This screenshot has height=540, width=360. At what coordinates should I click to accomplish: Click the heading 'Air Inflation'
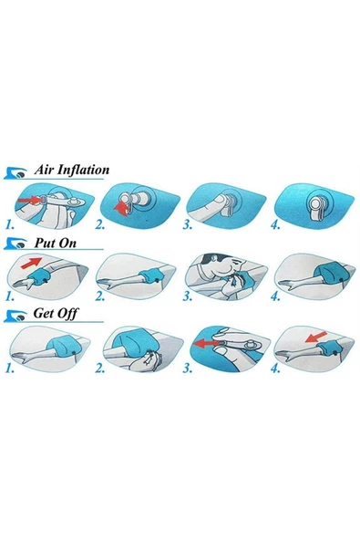72,170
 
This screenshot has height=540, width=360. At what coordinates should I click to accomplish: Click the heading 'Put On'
55,243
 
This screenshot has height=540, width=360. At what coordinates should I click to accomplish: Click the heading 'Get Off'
56,314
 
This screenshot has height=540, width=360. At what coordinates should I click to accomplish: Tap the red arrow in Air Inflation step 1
29,200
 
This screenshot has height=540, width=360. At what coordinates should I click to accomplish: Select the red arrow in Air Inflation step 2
121,209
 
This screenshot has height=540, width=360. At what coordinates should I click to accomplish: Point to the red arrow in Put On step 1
31,263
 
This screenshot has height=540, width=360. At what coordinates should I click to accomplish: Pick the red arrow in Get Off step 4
316,337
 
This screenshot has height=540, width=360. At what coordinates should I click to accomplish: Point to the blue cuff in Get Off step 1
66,346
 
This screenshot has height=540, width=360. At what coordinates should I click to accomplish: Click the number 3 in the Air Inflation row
187,225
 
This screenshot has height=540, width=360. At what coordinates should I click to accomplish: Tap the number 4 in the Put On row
275,296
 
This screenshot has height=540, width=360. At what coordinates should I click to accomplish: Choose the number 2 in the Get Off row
100,369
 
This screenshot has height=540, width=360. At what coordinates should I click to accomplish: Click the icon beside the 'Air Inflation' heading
15,173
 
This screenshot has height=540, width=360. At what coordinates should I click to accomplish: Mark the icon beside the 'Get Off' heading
15,316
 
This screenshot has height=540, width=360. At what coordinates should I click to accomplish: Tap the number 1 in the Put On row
10,296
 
